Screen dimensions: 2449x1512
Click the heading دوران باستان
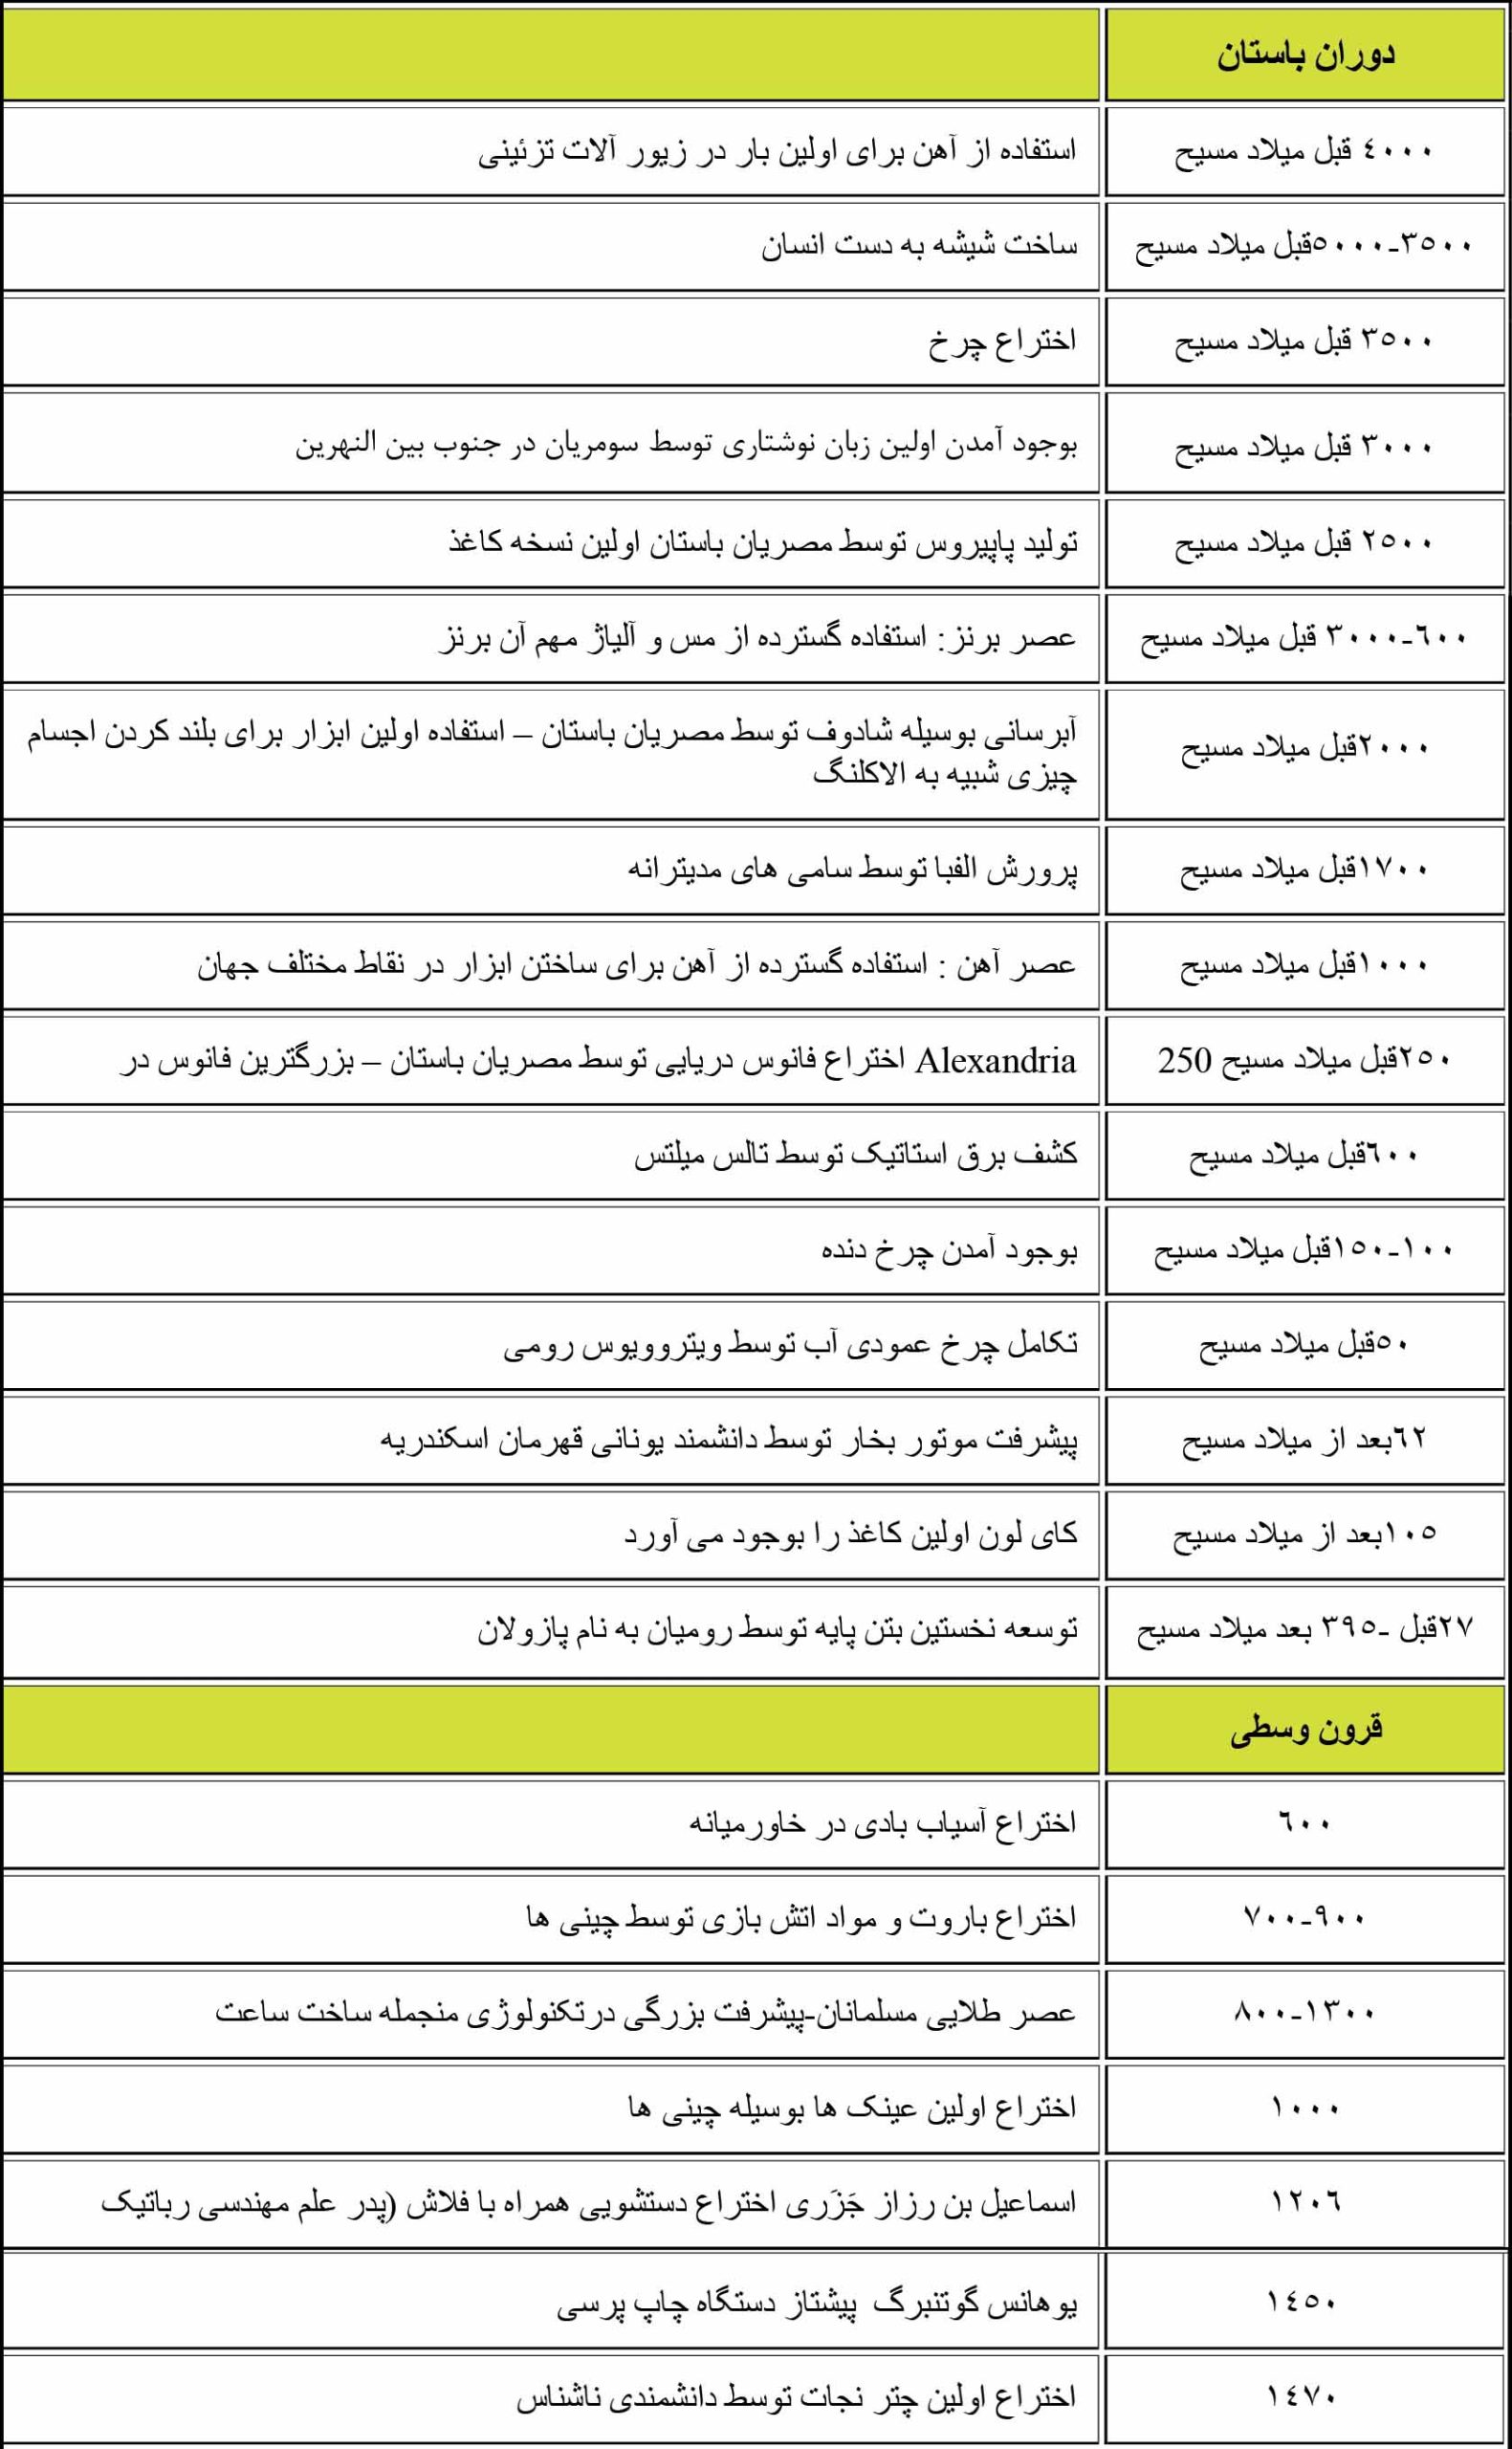(1305, 56)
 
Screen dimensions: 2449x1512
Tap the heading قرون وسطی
(1305, 1730)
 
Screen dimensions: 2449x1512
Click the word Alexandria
(996, 1060)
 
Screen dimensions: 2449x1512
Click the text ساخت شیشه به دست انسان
(919, 246)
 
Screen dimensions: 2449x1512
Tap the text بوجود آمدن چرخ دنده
(949, 1250)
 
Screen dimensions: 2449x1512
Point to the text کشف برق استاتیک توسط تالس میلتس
(856, 1155)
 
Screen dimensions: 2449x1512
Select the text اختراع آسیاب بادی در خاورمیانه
(882, 1822)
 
